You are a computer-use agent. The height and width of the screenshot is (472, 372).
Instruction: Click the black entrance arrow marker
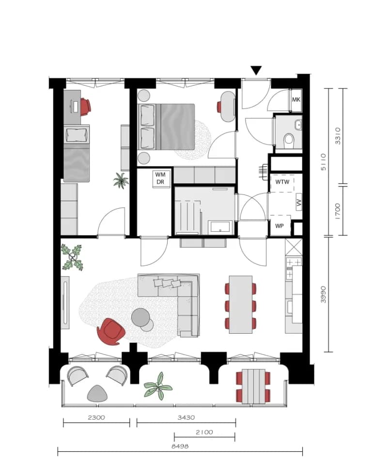click(256, 71)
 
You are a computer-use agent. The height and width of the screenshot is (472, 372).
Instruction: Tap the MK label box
click(296, 100)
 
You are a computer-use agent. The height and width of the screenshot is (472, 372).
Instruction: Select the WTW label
click(282, 182)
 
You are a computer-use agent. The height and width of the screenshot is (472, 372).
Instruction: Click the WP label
click(279, 226)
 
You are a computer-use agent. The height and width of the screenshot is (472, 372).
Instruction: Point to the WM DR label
click(160, 178)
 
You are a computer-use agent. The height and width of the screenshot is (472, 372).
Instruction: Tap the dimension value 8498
click(180, 446)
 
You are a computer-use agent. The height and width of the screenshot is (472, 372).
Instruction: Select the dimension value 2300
click(96, 417)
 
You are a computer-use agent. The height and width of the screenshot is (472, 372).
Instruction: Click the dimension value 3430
click(186, 417)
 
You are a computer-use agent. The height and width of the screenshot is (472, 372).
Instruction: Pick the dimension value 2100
click(204, 432)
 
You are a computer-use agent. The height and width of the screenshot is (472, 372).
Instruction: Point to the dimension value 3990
click(323, 295)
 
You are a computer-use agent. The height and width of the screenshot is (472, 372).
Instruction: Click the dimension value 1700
click(337, 211)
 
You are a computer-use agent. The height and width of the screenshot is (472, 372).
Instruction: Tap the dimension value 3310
click(337, 136)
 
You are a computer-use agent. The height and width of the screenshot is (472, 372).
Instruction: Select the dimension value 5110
click(323, 162)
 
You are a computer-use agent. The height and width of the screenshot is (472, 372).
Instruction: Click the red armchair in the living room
click(111, 331)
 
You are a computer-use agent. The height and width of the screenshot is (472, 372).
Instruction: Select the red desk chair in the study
click(85, 106)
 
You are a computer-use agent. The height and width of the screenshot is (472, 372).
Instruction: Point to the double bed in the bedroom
click(167, 127)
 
